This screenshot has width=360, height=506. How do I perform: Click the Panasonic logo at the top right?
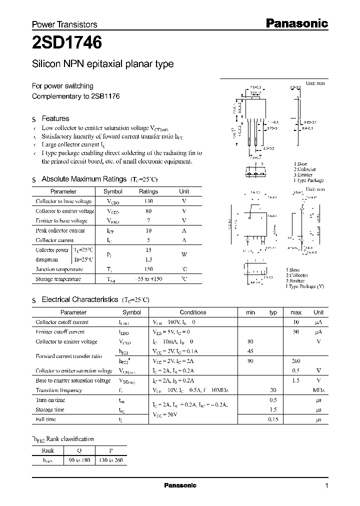click(x=296, y=22)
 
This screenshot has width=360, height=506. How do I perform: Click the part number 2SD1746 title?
click(x=67, y=43)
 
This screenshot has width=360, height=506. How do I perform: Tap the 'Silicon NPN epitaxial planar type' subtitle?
click(x=102, y=64)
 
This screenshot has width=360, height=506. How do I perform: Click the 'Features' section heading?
click(x=55, y=118)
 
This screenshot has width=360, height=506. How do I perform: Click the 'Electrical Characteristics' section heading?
click(x=79, y=299)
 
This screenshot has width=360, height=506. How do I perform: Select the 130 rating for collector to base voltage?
click(x=148, y=201)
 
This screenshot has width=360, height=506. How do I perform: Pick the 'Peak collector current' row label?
click(x=60, y=230)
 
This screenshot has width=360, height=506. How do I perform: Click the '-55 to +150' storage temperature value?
click(x=148, y=279)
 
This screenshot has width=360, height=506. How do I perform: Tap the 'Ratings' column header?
click(x=148, y=191)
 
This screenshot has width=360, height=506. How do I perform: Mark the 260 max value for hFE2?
click(x=295, y=361)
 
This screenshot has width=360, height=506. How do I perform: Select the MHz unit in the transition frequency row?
click(x=318, y=390)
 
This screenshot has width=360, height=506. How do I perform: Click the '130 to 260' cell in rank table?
click(x=111, y=459)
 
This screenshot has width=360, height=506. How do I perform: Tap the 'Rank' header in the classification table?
click(x=48, y=449)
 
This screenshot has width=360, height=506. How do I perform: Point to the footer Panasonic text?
click(x=180, y=485)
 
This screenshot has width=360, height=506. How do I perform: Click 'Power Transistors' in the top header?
click(x=64, y=24)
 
